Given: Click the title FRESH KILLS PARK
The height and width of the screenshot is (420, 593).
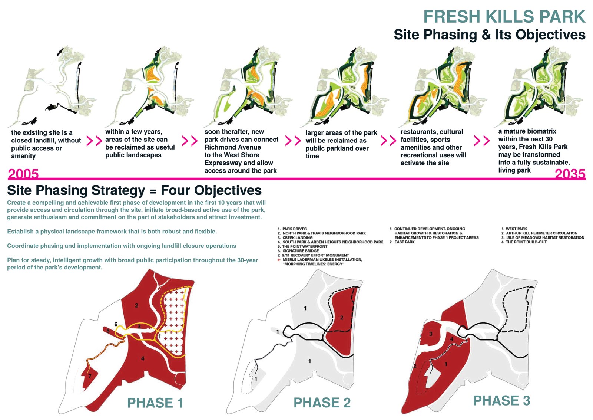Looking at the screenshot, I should click(x=504, y=17).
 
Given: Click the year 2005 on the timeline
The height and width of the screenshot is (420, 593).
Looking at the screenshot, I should click(x=23, y=174).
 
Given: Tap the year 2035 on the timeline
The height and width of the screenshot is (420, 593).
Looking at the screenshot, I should click(x=570, y=174).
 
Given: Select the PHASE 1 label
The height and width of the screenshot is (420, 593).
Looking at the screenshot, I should click(x=155, y=403).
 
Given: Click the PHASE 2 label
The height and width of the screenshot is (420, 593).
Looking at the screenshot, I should click(x=322, y=403).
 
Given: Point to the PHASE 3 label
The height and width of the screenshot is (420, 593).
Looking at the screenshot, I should click(x=501, y=401).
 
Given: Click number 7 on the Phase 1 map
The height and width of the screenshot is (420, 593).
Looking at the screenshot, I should click(x=90, y=376).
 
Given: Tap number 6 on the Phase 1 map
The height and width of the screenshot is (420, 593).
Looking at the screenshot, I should click(x=116, y=324).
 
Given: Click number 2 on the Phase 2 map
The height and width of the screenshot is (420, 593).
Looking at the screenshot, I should click(x=341, y=318).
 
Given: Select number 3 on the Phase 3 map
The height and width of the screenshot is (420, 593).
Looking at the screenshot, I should click(x=431, y=334).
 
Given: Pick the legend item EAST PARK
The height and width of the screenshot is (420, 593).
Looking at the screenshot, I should click(x=404, y=242).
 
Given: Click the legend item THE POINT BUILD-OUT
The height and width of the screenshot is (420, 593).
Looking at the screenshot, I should click(x=526, y=242).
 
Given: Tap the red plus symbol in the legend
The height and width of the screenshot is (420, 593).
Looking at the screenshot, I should click(x=279, y=260).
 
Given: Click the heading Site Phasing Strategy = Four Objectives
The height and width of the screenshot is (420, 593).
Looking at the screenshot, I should click(x=134, y=190).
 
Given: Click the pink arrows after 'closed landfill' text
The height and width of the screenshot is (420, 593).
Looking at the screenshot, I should click(x=94, y=141).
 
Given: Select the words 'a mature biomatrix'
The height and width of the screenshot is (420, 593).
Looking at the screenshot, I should click(x=527, y=131).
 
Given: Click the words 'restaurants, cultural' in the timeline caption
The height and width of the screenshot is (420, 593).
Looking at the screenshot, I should click(x=432, y=132).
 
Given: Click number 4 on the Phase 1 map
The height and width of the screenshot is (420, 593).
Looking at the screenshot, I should click(x=143, y=358).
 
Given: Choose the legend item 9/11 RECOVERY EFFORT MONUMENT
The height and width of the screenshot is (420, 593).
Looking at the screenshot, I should click(x=315, y=255).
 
